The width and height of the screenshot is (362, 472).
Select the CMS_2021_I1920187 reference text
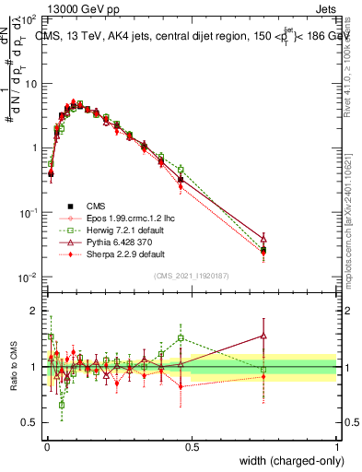[x=192, y=275]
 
